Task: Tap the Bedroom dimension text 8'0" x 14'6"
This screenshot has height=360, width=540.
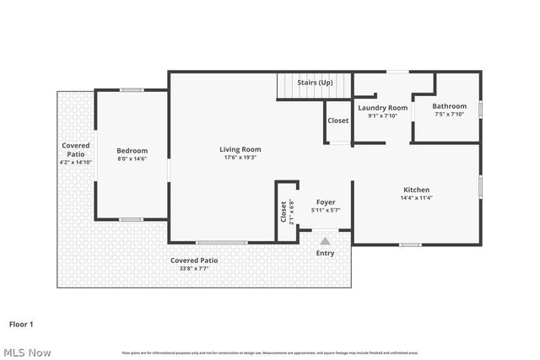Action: click(x=132, y=159)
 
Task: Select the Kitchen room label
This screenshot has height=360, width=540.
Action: click(x=416, y=190)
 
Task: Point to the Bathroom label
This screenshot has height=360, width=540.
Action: click(x=449, y=106)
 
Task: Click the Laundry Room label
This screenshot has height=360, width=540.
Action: click(x=382, y=108)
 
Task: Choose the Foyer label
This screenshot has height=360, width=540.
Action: click(x=326, y=202)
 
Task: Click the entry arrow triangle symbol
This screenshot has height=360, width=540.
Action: click(x=325, y=241)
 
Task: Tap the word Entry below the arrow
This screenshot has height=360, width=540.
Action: click(x=325, y=253)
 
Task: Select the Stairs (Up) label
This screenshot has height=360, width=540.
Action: click(x=314, y=83)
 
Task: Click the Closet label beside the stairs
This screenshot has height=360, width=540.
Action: click(x=337, y=121)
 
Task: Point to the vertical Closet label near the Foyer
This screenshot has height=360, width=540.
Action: click(x=283, y=211)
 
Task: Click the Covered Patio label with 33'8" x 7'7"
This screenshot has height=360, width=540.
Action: click(x=194, y=261)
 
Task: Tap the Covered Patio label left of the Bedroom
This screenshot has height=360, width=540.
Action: click(x=76, y=149)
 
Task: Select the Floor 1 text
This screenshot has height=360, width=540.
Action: click(x=21, y=324)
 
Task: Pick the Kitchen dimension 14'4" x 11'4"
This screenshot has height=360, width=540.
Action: click(x=416, y=199)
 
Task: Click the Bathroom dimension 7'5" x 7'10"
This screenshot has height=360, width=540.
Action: click(x=449, y=115)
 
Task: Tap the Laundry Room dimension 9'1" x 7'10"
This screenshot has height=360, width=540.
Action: click(x=382, y=116)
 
